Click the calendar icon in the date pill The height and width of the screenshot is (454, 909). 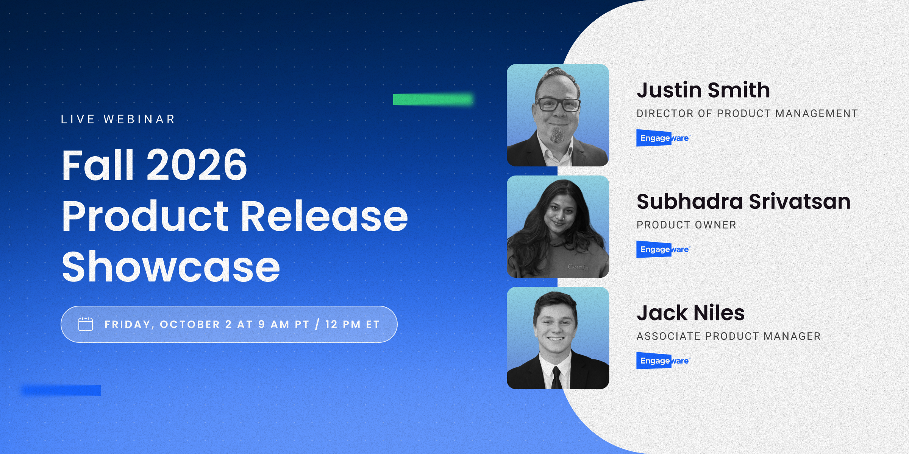click(x=85, y=324)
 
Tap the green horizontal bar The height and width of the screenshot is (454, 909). click(x=433, y=100)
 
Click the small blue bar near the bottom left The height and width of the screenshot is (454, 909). click(x=61, y=390)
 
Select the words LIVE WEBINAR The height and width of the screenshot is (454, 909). click(x=118, y=119)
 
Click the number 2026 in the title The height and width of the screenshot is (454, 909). click(x=197, y=165)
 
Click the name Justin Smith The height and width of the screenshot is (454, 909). click(x=703, y=90)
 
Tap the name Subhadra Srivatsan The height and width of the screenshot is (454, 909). click(x=743, y=201)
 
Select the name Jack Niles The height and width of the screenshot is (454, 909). click(x=691, y=313)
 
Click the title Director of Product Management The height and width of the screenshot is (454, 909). click(x=747, y=113)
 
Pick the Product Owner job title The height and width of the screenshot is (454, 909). click(x=686, y=225)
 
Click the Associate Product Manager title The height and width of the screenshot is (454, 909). click(x=729, y=336)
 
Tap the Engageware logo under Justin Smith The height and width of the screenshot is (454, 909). click(x=664, y=138)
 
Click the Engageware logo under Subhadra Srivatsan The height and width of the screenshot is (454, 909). click(x=664, y=249)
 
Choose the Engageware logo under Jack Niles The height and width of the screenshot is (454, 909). click(x=664, y=361)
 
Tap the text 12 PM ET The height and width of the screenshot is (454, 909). click(x=352, y=325)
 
